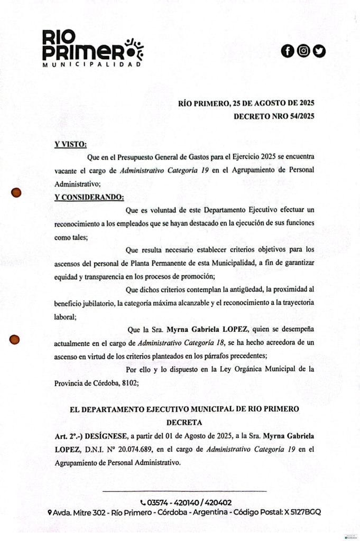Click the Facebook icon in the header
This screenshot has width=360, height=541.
[x=287, y=51]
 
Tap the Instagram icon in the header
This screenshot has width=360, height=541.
[x=303, y=51]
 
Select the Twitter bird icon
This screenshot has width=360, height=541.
[x=319, y=51]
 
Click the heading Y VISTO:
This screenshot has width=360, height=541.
[x=71, y=144]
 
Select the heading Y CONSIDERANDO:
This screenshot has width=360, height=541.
[x=89, y=198]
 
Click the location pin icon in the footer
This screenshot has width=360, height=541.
[x=49, y=512]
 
